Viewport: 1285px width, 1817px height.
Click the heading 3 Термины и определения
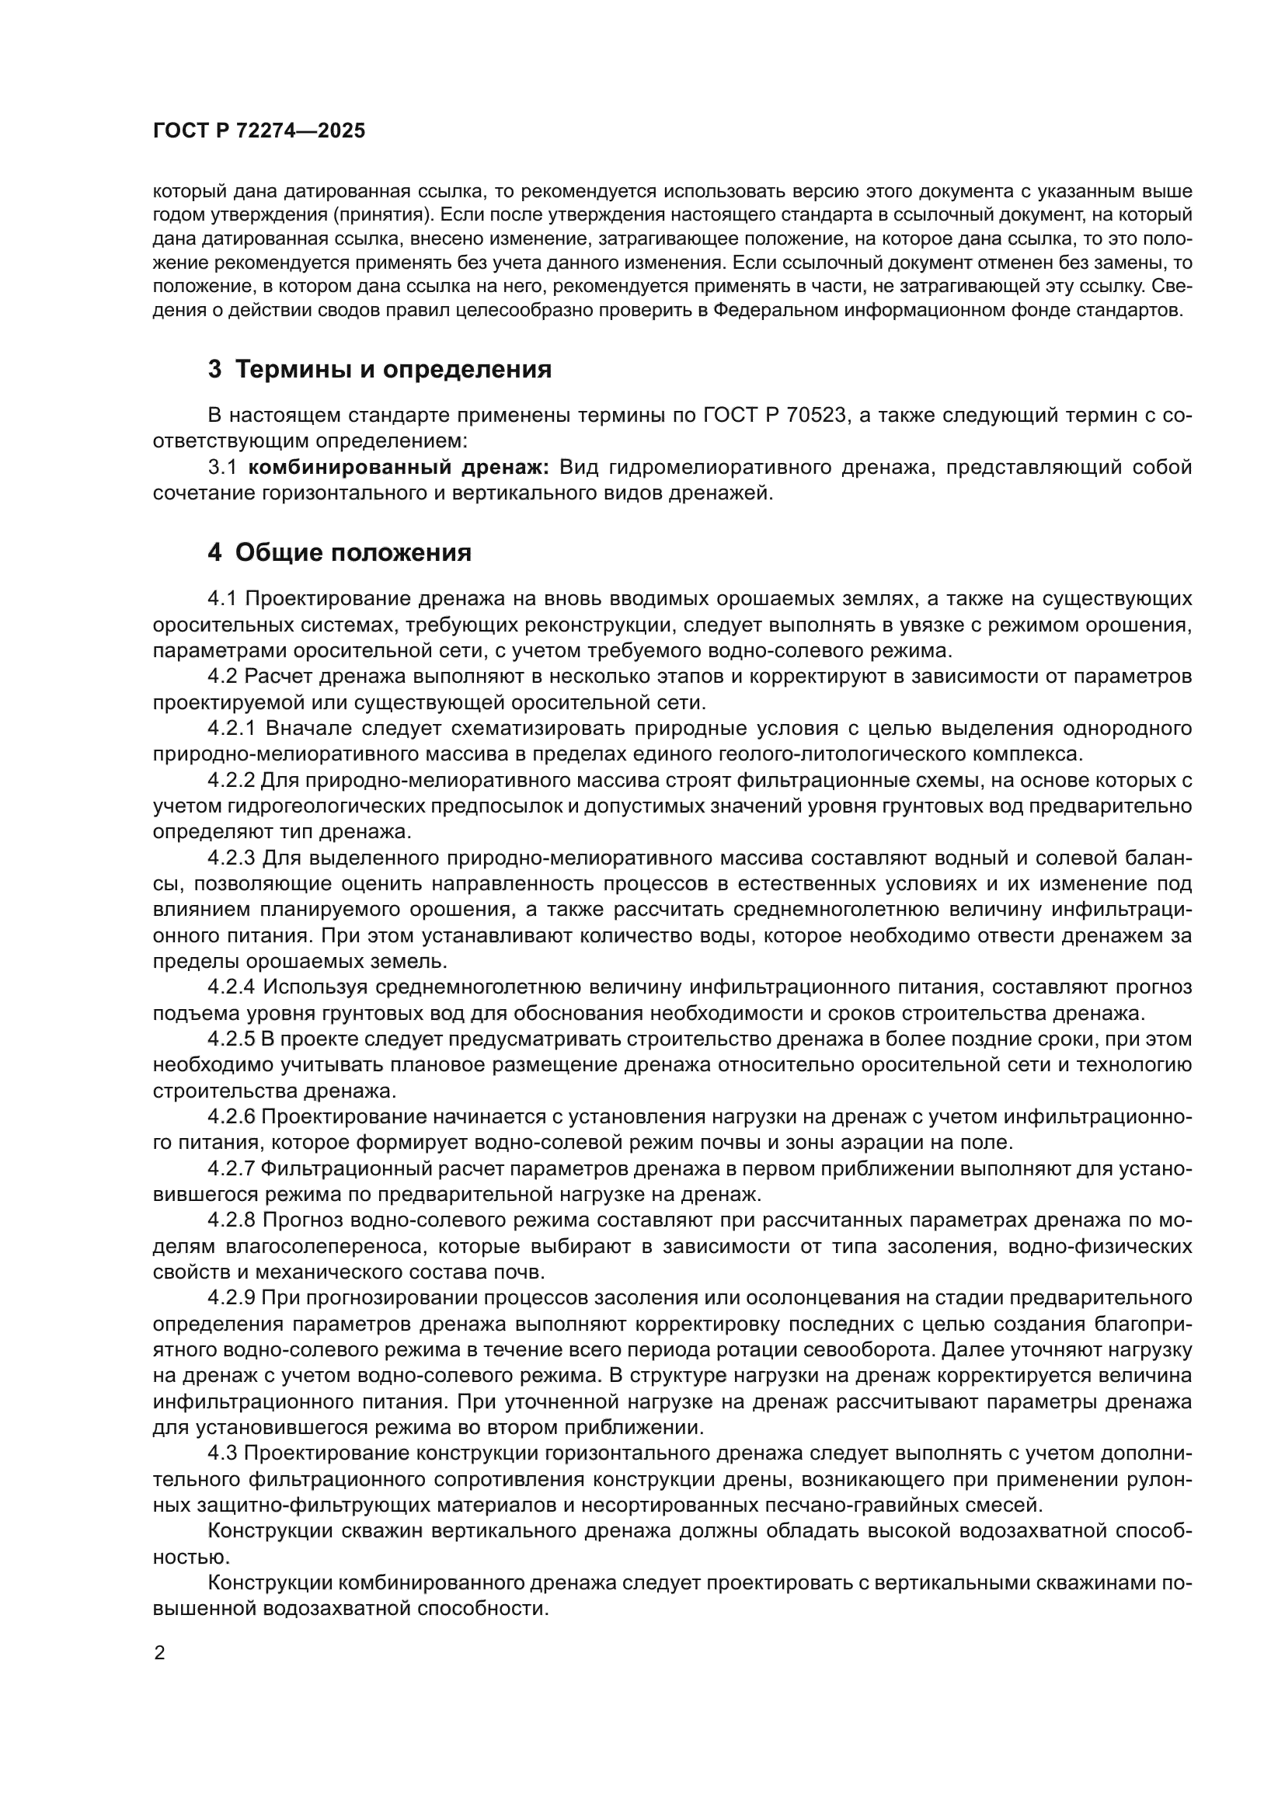tap(380, 370)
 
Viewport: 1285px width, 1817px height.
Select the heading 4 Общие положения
tap(340, 552)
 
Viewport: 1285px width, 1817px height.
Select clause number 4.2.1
tap(234, 728)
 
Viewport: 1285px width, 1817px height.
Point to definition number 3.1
tap(223, 467)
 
